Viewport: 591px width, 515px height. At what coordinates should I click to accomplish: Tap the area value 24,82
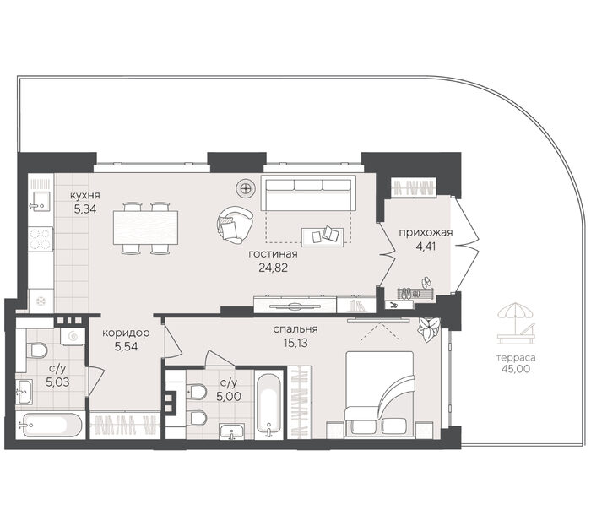pos(274,268)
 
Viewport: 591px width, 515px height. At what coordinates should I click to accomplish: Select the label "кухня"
pos(84,195)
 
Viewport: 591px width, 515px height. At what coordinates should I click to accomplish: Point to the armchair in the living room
pos(235,225)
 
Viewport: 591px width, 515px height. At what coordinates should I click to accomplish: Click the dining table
pos(145,228)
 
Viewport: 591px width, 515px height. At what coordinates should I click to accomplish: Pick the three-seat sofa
pos(308,193)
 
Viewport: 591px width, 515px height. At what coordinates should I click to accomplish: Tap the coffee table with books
pos(323,236)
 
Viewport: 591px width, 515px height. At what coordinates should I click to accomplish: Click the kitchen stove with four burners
pos(41,239)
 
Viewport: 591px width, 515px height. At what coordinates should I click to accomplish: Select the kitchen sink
pos(40,201)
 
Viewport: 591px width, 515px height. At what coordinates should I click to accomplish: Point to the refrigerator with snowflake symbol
pos(41,301)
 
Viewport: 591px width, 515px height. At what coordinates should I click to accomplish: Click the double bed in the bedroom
pos(380,395)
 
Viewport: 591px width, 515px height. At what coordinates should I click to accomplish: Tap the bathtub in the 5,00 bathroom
pos(268,404)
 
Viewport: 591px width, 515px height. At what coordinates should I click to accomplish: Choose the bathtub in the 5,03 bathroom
pos(50,425)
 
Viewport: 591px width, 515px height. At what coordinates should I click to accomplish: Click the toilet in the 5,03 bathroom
pos(36,350)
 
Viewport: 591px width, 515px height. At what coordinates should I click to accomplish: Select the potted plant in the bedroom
pos(429,329)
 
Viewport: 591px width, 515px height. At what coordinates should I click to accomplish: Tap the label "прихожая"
pos(426,233)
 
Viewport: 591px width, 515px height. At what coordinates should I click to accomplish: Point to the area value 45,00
pos(516,368)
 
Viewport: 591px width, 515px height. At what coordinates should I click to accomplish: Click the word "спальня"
pos(295,329)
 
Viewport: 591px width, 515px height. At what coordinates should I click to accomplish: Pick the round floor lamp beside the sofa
pos(246,187)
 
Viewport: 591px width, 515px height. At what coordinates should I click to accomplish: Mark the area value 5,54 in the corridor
pos(127,346)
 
